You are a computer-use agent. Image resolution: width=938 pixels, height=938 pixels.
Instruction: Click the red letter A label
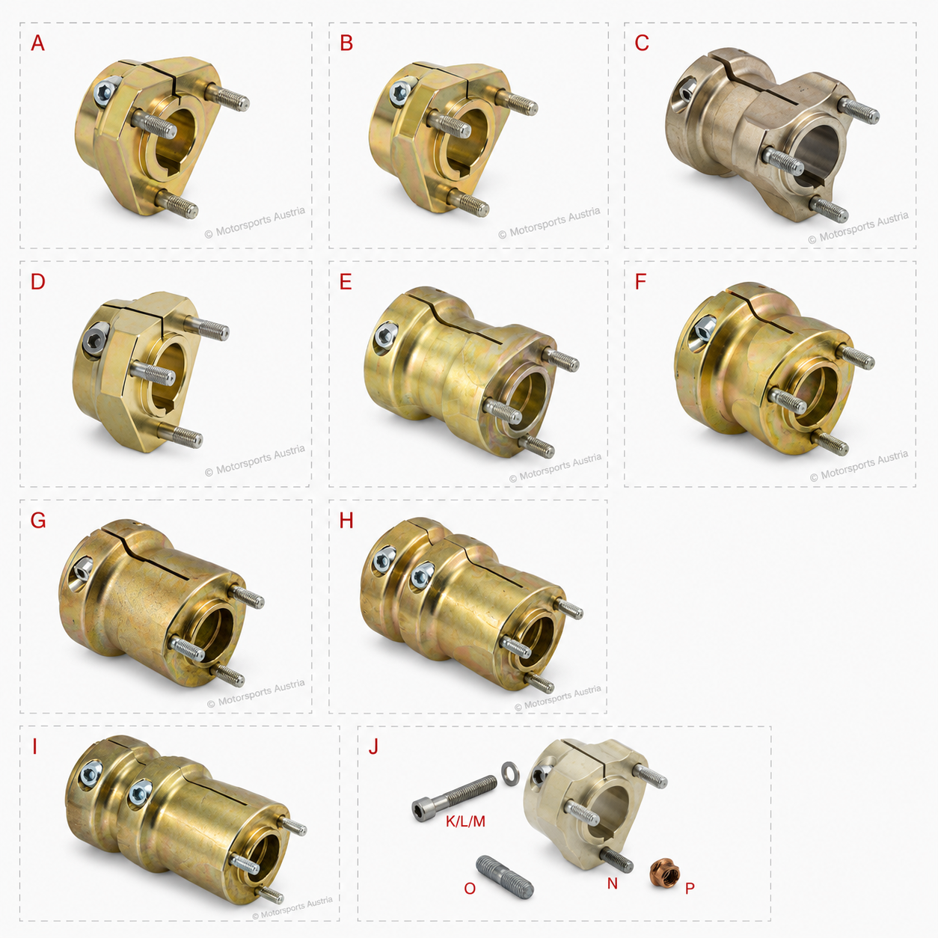click(x=37, y=43)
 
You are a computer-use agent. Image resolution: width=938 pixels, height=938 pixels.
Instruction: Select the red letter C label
click(x=642, y=43)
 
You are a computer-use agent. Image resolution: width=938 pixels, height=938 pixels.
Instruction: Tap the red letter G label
click(x=38, y=521)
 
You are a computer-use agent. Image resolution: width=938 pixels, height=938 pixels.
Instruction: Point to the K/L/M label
click(x=465, y=821)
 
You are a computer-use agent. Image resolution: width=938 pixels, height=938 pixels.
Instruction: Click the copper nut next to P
click(x=665, y=872)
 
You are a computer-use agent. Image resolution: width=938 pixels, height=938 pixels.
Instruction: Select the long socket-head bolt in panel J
click(x=454, y=798)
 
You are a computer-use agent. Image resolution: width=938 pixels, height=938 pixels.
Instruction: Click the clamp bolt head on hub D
click(x=93, y=337)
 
